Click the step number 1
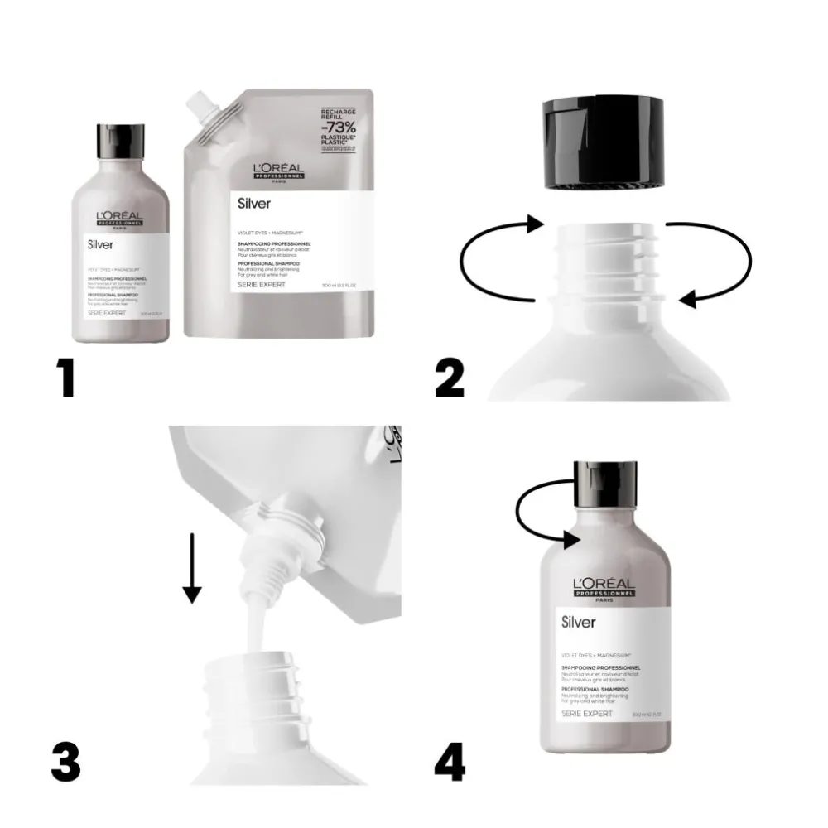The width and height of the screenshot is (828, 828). tap(66, 378)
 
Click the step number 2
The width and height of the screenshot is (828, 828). tap(450, 378)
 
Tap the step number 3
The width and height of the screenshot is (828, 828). tap(66, 762)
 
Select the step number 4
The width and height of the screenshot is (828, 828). tap(450, 762)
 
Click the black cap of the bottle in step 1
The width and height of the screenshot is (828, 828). tap(121, 142)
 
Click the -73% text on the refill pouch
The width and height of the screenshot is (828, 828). tap(340, 128)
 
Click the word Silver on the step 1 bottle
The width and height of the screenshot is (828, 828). tap(103, 244)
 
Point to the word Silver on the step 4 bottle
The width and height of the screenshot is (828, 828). tap(579, 622)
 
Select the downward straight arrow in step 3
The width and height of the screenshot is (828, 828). tap(192, 568)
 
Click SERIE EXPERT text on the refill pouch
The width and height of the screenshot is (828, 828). tap(262, 284)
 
